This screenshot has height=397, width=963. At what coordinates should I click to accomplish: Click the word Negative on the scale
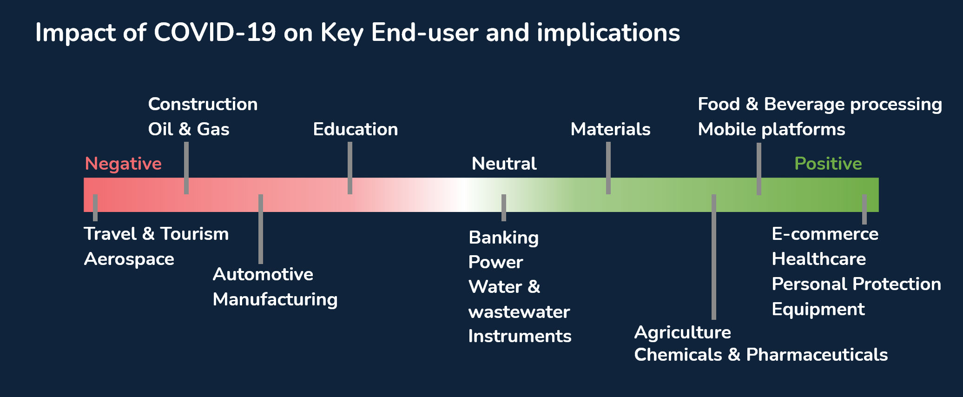(x=123, y=164)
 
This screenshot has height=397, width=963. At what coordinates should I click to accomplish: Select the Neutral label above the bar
(x=504, y=164)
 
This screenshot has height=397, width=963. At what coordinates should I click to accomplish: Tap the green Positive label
(x=828, y=164)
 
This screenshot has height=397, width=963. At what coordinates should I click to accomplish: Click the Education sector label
(x=356, y=129)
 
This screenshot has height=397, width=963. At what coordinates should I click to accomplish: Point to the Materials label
(x=610, y=129)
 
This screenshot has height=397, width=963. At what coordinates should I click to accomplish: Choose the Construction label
(x=203, y=104)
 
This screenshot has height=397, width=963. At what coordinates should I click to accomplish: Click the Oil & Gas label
(x=189, y=129)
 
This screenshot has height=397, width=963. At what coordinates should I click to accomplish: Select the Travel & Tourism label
(x=156, y=234)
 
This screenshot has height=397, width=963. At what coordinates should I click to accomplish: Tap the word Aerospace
(x=129, y=259)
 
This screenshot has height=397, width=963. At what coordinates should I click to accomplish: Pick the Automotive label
(x=263, y=274)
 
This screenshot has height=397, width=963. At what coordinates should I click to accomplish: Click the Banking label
(x=504, y=238)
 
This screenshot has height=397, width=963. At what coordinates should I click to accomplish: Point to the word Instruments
(x=520, y=336)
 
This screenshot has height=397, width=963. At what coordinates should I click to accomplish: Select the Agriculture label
(x=682, y=332)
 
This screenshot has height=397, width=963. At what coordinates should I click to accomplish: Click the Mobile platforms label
(x=772, y=130)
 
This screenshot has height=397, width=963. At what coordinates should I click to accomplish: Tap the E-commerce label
(x=825, y=234)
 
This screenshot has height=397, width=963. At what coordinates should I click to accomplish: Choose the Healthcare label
(x=819, y=259)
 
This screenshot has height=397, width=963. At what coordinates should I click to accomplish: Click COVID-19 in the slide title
(x=215, y=33)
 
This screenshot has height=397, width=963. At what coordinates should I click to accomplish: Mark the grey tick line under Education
(x=350, y=168)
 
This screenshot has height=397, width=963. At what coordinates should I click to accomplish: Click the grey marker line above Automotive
(x=261, y=229)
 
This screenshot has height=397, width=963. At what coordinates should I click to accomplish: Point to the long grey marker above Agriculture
(x=714, y=257)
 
